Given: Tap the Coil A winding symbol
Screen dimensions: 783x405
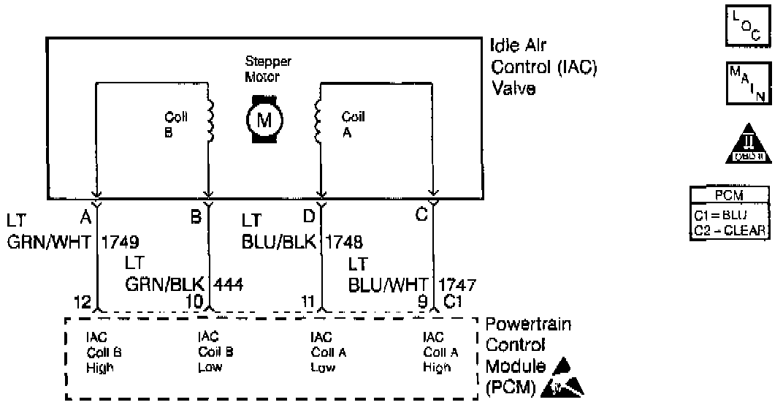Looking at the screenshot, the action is pos(318,121).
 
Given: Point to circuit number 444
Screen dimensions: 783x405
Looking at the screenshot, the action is pos(226,283).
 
